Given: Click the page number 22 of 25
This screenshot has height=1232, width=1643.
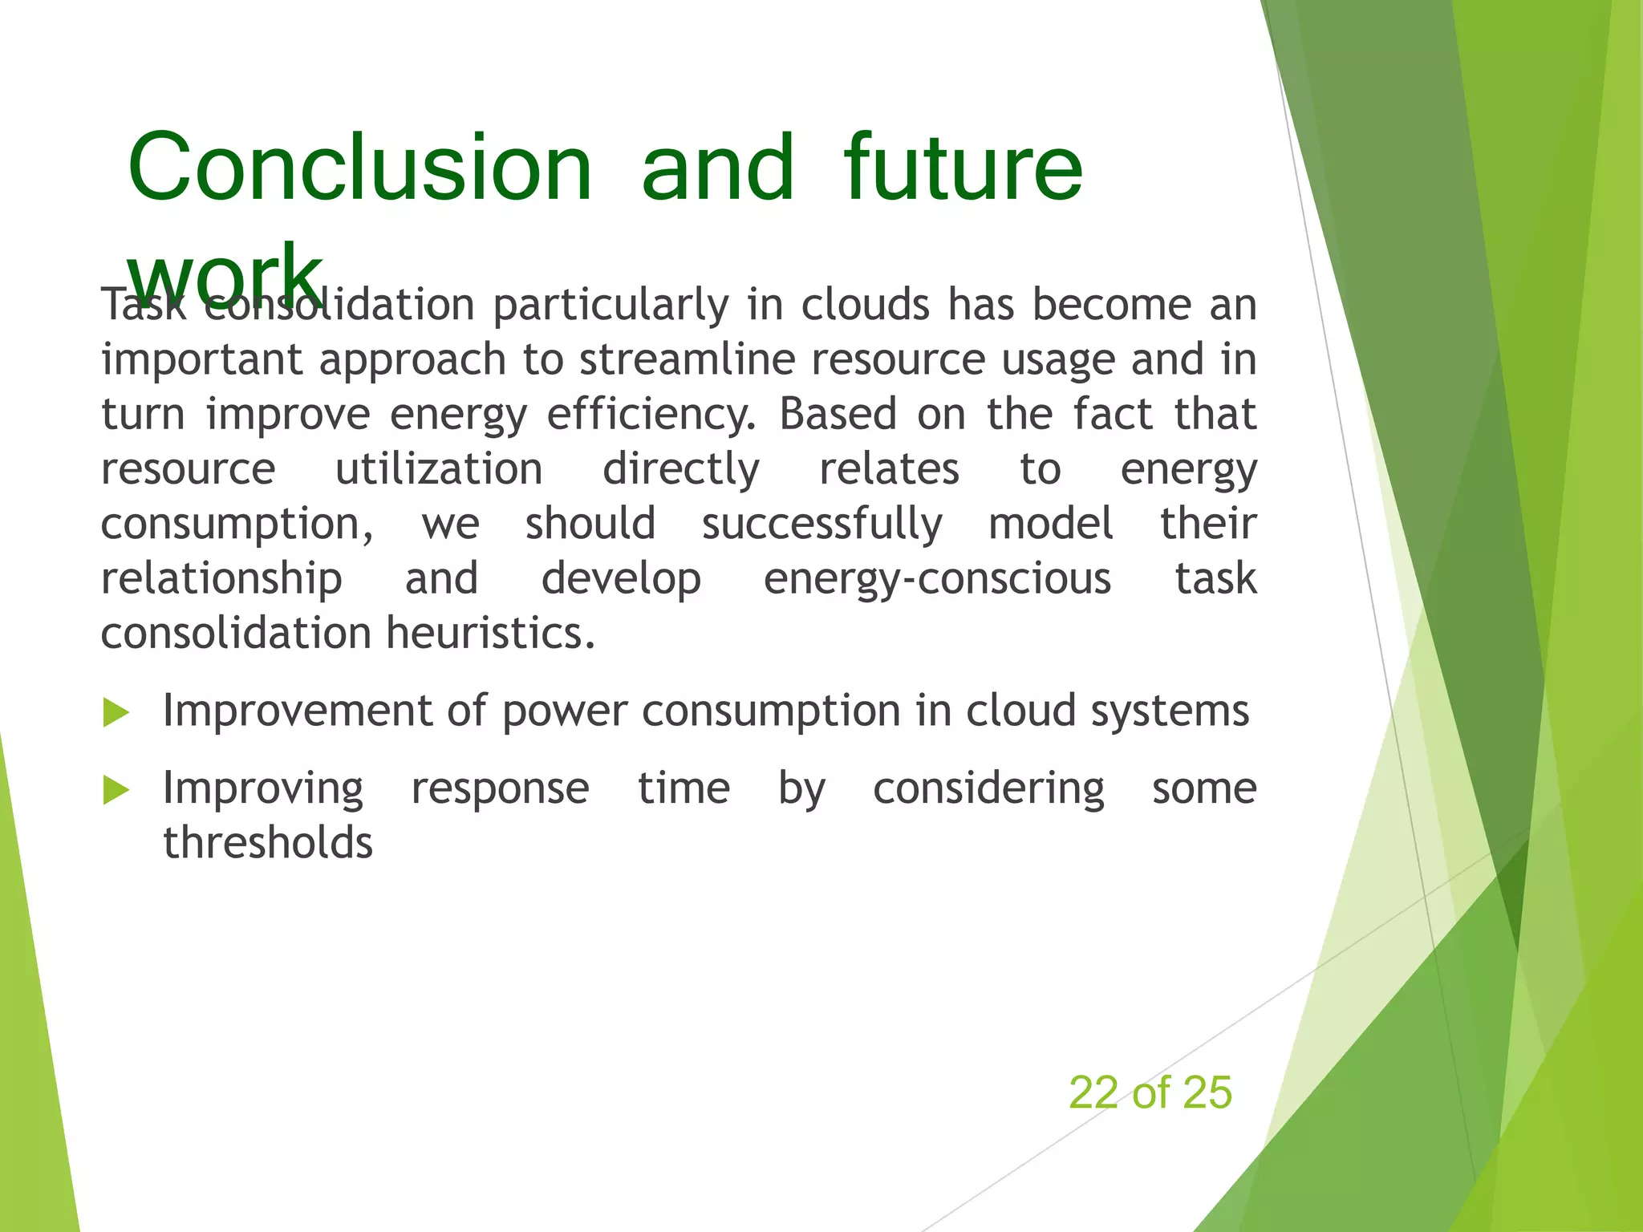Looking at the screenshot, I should coord(1150,1092).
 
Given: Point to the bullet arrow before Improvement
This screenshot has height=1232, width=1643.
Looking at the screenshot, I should coord(116,712).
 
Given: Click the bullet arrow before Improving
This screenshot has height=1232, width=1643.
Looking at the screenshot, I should coord(116,790).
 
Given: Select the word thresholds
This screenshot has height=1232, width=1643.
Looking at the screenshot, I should coord(268,843).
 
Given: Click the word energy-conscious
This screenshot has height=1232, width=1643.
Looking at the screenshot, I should coord(937,579).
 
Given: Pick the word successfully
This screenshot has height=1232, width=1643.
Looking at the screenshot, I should coord(822,525).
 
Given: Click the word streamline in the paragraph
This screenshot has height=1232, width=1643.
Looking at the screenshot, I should coord(687,359).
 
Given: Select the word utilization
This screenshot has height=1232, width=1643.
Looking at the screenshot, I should coord(439,469).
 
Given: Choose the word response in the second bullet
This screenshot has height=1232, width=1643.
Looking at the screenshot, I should coord(500,788).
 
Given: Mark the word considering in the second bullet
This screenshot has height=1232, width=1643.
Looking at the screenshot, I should coord(988,788).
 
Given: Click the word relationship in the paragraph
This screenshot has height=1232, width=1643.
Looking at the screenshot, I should coord(221,579).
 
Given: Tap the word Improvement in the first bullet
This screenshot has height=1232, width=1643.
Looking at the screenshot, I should coord(297,711).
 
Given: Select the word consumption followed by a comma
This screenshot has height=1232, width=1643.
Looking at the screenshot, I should coord(236,525).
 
